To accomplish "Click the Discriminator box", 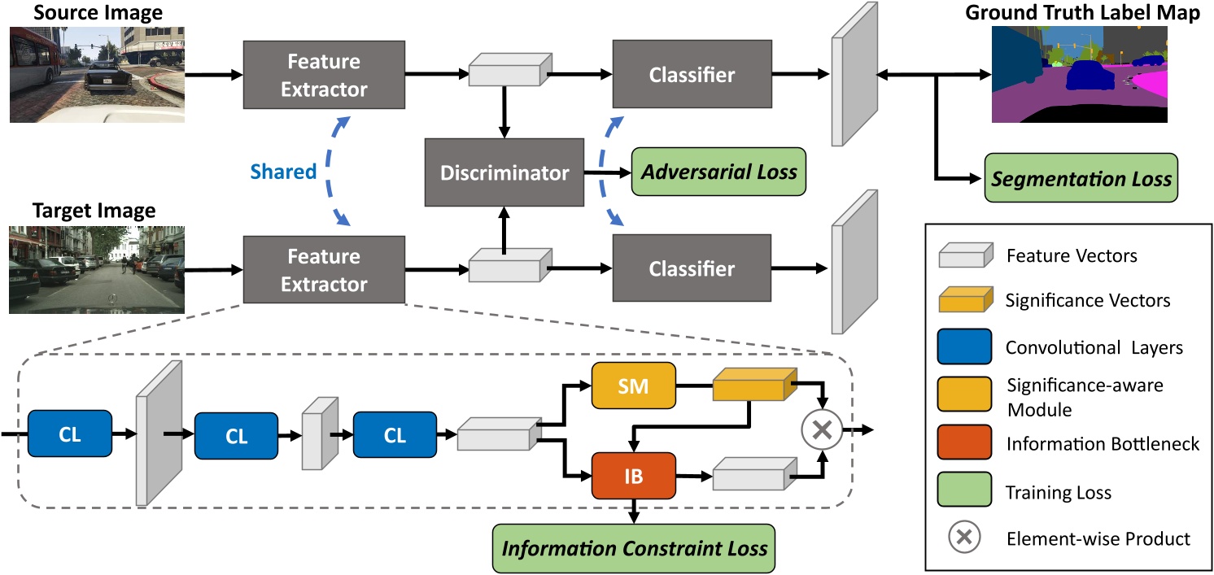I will [504, 172].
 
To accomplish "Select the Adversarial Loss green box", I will [718, 172].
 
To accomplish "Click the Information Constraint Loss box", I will [634, 547].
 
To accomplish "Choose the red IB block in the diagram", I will [633, 476].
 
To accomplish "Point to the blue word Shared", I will [283, 172].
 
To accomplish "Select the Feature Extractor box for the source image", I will [324, 76].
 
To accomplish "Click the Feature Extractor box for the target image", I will [324, 271].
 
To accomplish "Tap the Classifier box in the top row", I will [692, 76].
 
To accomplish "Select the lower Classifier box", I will [692, 268].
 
